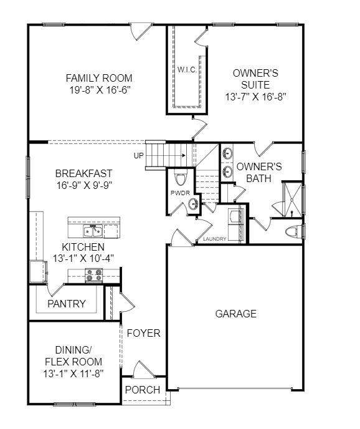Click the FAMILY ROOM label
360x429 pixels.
point(99,78)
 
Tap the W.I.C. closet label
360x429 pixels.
point(187,70)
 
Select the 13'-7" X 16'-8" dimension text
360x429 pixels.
point(255,97)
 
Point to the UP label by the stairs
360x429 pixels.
point(139,156)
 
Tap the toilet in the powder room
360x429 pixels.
point(180,178)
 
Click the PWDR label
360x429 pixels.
point(180,193)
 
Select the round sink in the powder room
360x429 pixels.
point(194,205)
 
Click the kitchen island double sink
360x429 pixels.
point(93,231)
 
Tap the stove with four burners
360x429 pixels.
point(94,275)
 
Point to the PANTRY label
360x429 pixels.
point(67,304)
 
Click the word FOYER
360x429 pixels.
point(143,333)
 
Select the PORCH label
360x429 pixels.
point(143,390)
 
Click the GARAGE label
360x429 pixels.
point(236,314)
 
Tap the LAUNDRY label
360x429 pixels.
point(215,239)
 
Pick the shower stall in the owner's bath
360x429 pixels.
point(292,199)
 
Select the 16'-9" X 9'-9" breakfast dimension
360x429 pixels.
point(85,185)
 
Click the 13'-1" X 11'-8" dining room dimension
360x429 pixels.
point(73,374)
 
